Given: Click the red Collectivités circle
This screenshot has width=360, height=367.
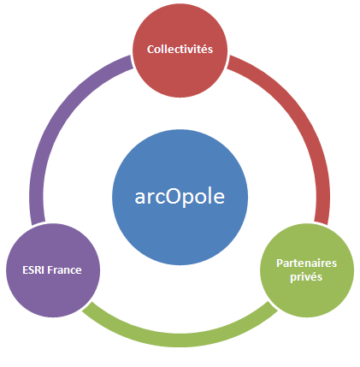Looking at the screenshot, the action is (180, 50).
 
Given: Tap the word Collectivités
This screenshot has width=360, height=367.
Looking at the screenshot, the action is (180, 49).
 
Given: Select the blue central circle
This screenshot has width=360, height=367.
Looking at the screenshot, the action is (180, 198).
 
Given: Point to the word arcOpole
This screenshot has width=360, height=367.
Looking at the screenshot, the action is (180, 197).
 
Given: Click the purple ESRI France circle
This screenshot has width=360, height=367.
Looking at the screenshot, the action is (53, 270).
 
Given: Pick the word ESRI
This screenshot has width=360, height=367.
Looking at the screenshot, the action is (33, 270).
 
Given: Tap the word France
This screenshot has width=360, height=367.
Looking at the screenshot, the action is (64, 270).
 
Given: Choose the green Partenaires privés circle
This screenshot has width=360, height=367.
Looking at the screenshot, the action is (307, 270).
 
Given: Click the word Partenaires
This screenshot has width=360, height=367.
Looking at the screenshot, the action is (307, 263).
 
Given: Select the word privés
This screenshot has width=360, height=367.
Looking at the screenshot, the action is (306, 277).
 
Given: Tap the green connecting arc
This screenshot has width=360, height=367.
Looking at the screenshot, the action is (180, 340).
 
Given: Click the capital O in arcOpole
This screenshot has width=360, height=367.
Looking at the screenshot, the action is (174, 197).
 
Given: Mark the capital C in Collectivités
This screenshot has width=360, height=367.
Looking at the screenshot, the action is (150, 50).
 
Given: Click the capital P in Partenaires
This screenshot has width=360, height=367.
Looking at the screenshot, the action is (280, 263).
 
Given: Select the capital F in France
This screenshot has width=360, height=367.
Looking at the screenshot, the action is (50, 270).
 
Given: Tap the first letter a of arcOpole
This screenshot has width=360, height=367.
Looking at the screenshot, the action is (139, 198).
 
